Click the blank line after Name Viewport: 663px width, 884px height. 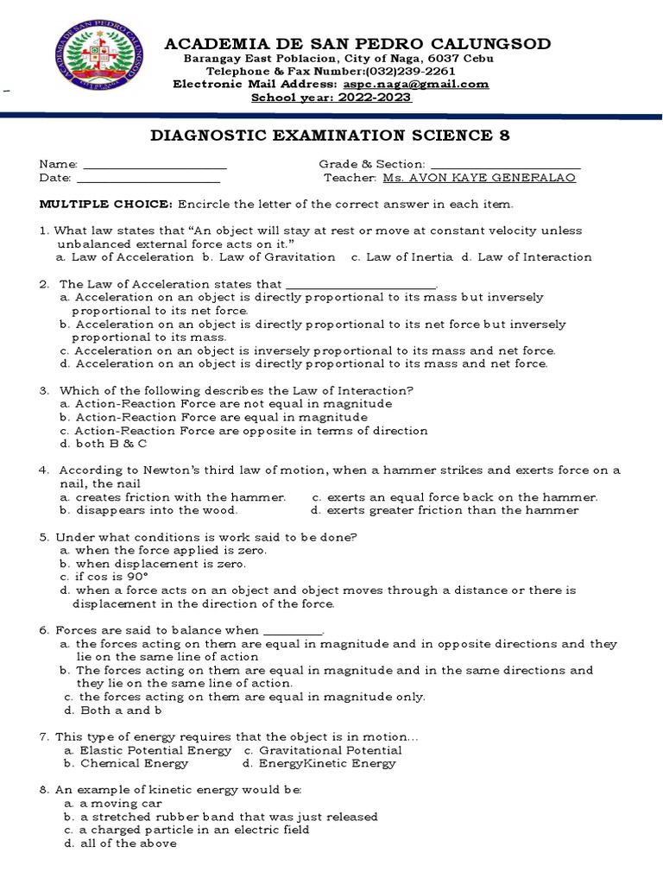tap(154, 164)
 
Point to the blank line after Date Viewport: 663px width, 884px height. tap(148, 178)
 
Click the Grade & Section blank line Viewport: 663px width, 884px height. tap(504, 164)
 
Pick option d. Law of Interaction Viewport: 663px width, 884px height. tap(527, 256)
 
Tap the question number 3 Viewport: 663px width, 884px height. tap(43, 390)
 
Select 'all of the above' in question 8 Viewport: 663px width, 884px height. tap(120, 843)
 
